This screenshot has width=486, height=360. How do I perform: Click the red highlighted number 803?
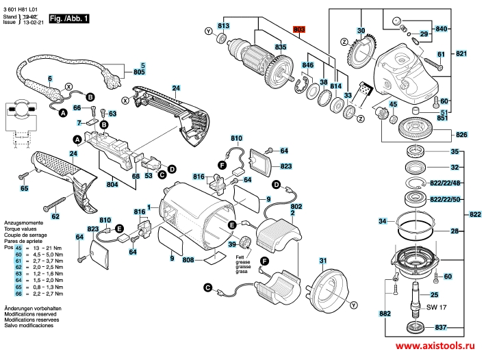(x=298, y=29)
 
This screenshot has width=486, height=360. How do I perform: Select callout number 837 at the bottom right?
(x=441, y=326)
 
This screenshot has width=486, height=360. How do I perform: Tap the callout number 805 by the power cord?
(x=139, y=72)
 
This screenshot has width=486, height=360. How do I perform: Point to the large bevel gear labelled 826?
(x=411, y=128)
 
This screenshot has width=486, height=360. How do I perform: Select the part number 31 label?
(x=322, y=262)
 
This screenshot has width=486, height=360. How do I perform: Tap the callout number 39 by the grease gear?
(x=232, y=244)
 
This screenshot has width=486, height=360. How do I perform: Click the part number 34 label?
(x=382, y=221)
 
